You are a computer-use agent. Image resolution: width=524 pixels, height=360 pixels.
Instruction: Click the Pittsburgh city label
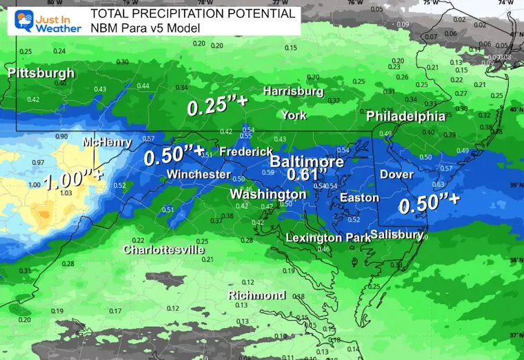pos(41,72)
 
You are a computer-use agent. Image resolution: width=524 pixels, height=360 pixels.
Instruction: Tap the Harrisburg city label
pos(293,91)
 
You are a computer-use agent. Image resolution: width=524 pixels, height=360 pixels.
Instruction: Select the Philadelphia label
pos(405,115)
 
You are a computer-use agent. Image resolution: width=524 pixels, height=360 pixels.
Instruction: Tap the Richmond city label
pos(256,295)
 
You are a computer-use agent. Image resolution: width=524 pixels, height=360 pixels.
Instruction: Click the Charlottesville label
pos(164,249)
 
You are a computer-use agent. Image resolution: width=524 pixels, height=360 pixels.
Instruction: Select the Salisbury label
pos(396,235)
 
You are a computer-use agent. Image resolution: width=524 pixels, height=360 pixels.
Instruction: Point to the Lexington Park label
pos(324,238)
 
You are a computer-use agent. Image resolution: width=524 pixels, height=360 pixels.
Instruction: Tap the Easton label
pos(359,198)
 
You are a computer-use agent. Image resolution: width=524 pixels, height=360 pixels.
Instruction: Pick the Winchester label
pos(198,174)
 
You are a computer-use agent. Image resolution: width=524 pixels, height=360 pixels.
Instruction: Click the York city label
pos(294,115)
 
